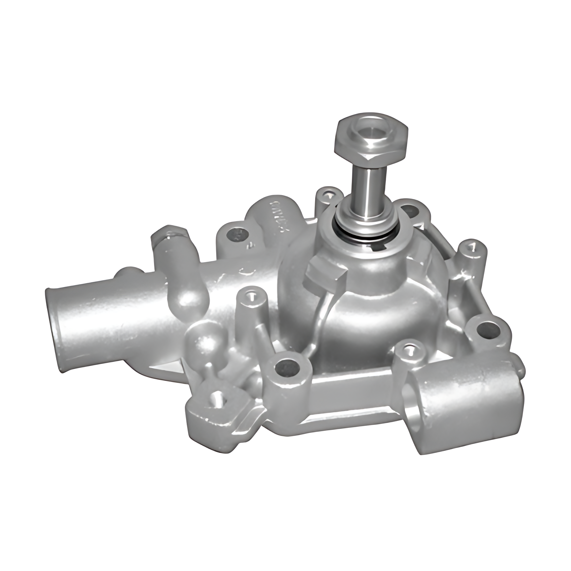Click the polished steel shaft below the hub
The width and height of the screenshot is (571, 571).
point(367,190)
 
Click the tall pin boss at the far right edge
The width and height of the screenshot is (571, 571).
point(470,247)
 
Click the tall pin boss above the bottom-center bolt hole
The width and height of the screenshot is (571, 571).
point(251,296)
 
